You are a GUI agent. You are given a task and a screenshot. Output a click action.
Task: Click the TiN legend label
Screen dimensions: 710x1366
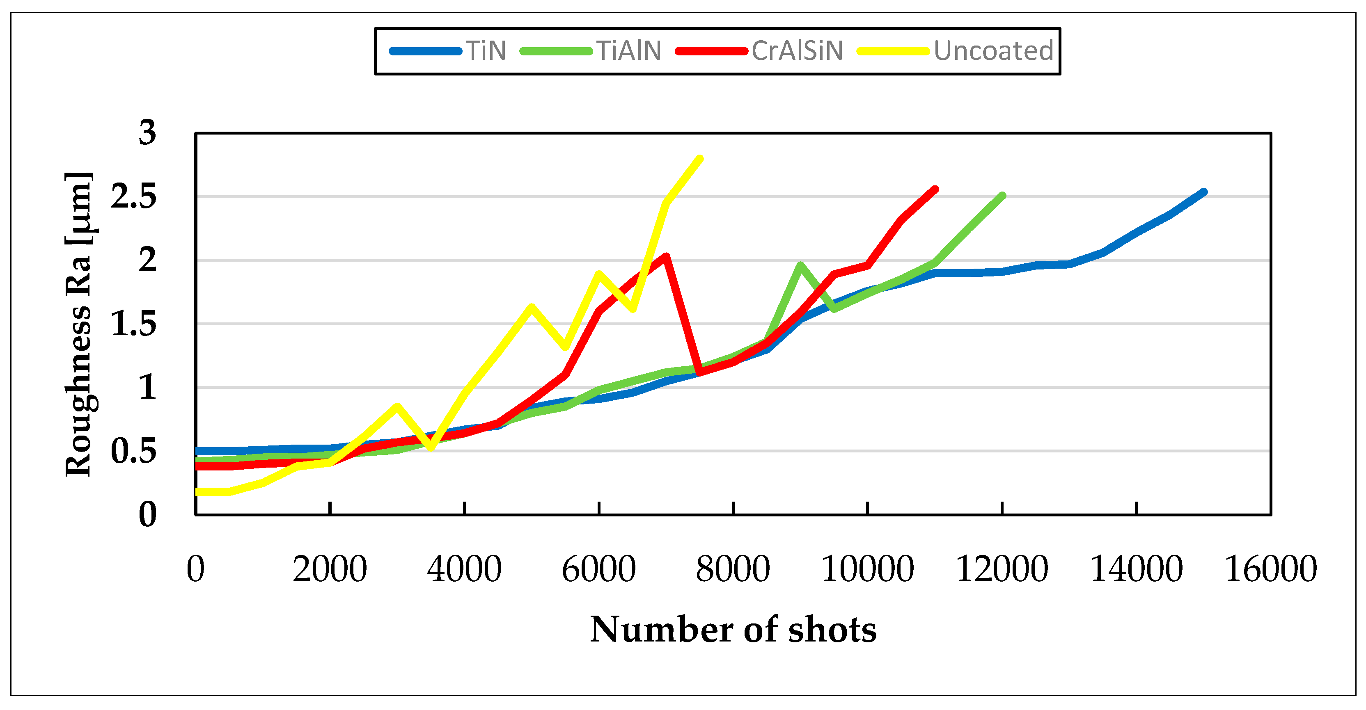tap(486, 51)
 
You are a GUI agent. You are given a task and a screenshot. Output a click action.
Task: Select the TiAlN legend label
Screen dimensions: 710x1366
tap(628, 51)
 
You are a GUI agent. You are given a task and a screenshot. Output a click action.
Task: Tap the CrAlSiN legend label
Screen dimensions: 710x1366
tap(797, 51)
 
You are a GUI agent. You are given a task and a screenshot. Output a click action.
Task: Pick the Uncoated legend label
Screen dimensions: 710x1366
tap(993, 51)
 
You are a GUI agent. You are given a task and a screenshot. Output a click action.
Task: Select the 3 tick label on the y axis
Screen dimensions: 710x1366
tap(147, 132)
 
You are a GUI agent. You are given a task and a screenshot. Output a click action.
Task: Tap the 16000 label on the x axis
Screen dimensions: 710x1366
tap(1270, 570)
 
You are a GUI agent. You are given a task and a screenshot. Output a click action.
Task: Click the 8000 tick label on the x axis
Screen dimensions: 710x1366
tap(733, 570)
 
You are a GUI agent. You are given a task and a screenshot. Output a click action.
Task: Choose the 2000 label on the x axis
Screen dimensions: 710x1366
tap(330, 570)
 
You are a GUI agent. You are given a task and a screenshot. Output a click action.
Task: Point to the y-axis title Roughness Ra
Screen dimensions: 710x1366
tap(78, 324)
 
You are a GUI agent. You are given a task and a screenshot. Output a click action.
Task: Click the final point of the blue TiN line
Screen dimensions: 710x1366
tap(1204, 192)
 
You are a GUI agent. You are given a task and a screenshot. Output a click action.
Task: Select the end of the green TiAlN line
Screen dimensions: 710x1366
tap(1002, 196)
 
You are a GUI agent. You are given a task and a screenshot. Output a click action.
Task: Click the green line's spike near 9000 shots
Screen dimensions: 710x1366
tap(800, 265)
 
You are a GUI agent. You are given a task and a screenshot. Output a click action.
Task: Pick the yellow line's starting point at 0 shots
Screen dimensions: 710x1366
tap(197, 492)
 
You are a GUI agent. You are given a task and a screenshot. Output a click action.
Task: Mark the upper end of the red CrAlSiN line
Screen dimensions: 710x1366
tap(935, 189)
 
